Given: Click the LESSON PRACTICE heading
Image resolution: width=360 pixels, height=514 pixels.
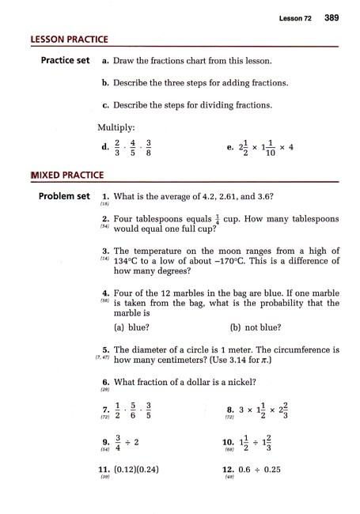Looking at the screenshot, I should (70, 39).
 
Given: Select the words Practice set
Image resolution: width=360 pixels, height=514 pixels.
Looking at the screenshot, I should (57, 61).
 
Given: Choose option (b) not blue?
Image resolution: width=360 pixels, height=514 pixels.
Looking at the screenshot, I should (258, 325).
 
